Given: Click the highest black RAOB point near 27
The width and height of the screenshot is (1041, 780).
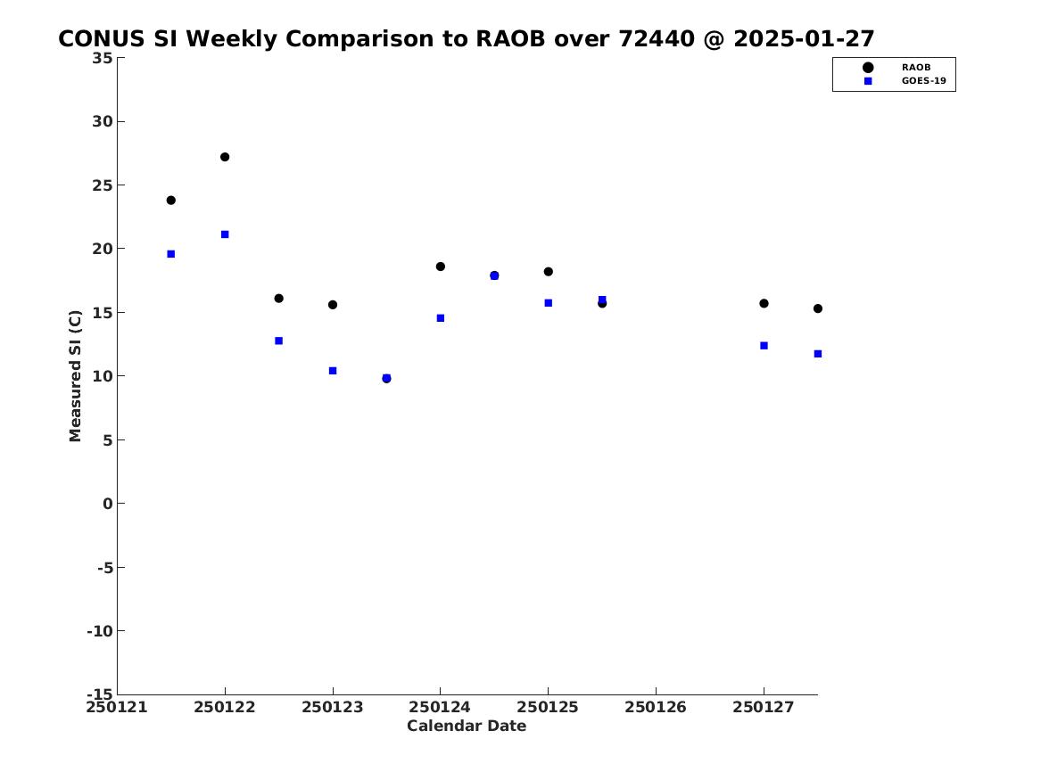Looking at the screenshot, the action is [x=225, y=157].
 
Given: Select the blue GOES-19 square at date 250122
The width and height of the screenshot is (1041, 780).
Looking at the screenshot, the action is [x=225, y=234].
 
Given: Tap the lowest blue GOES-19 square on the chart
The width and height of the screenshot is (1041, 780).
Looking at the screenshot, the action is [x=386, y=377].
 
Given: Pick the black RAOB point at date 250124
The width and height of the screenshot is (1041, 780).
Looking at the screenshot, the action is [x=440, y=267].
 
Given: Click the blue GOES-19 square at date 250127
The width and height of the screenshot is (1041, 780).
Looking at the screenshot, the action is [x=764, y=346].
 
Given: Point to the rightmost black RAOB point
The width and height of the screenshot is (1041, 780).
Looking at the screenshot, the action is [x=818, y=308].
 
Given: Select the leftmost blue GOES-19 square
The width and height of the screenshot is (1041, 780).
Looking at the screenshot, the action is [x=170, y=254].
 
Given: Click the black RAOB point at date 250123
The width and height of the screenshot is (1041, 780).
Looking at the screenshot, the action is [x=333, y=305].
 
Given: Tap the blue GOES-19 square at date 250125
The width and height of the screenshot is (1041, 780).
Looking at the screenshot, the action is [x=549, y=303].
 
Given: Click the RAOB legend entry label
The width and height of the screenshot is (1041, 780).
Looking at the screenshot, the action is [x=915, y=68].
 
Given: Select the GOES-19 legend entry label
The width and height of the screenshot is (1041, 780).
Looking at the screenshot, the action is [x=923, y=81].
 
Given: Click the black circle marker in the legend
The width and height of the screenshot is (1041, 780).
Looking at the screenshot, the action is [x=868, y=68].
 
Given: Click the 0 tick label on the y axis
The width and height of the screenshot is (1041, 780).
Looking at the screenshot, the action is [x=108, y=504].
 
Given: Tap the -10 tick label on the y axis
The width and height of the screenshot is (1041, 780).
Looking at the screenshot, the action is [x=100, y=631].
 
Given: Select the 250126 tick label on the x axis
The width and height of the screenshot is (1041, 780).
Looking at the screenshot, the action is [x=656, y=708].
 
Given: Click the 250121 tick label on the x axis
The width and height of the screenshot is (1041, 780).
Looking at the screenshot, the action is [x=117, y=708].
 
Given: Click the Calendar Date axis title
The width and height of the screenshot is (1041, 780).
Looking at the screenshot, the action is [x=467, y=727].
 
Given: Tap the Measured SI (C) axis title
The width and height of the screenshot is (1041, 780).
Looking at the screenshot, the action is [x=75, y=376].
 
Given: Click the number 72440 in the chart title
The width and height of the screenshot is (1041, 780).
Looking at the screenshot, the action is [x=655, y=39].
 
